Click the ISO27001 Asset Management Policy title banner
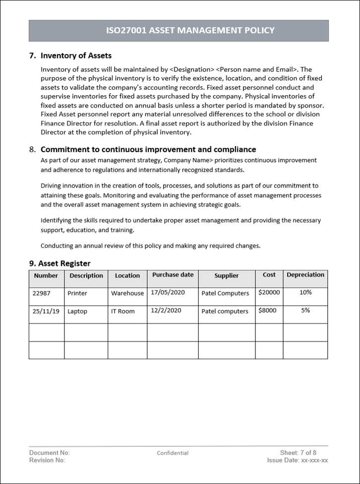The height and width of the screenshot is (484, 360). point(190,31)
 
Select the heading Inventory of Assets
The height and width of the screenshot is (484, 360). point(76,55)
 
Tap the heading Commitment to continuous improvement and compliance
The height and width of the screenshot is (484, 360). point(148,149)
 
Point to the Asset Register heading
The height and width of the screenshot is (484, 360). point(60,263)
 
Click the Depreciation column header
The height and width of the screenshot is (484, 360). point(305,275)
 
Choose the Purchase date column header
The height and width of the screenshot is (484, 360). point(173,274)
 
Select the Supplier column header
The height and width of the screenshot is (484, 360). point(227,275)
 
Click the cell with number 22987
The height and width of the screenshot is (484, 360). point(42,293)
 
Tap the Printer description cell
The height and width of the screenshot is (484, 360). point(77,293)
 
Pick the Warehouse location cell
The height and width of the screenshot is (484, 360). point(127,293)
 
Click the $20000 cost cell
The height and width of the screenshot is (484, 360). point(269,292)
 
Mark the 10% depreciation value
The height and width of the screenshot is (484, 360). point(305,292)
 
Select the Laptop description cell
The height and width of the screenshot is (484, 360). point(77,311)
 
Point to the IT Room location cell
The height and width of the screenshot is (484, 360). point(123,311)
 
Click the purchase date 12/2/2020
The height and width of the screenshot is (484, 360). point(166,310)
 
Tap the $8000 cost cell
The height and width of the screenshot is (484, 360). point(268,310)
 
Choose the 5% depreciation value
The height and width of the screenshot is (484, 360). point(305,310)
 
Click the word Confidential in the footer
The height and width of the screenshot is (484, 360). point(173,453)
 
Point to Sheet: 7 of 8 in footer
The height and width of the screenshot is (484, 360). point(298,453)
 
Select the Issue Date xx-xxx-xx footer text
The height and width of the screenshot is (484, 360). point(298,460)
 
